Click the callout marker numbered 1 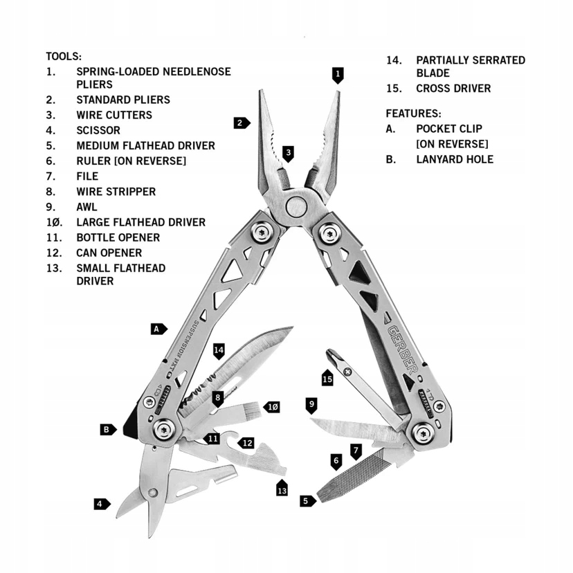coord(338,75)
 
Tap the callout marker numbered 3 coord(289,154)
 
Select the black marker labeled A coord(158,329)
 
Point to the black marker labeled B coord(108,429)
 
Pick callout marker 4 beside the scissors coord(102,504)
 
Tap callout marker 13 coord(282,488)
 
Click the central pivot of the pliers coord(296,207)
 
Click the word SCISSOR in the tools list coord(98,131)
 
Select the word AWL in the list coord(87,207)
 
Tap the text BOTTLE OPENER coord(118,238)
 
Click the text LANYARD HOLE coord(455,159)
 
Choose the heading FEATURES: coord(413,113)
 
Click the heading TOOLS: coord(64,57)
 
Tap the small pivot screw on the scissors coord(152,493)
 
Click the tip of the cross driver coord(329,351)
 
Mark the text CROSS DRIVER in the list coord(453,89)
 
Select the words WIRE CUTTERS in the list coord(114,115)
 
